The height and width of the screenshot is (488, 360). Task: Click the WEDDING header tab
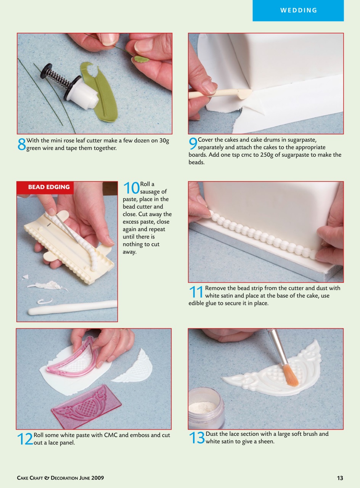tap(298, 11)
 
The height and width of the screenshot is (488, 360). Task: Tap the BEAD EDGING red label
tap(48, 187)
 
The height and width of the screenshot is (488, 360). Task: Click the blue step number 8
tap(22, 144)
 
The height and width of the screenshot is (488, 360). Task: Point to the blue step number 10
tap(131, 188)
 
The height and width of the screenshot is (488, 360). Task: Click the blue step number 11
tap(196, 292)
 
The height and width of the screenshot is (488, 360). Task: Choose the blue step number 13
tap(197, 438)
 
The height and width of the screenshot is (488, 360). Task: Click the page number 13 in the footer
tap(340, 478)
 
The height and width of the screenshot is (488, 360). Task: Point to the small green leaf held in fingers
tap(141, 59)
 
